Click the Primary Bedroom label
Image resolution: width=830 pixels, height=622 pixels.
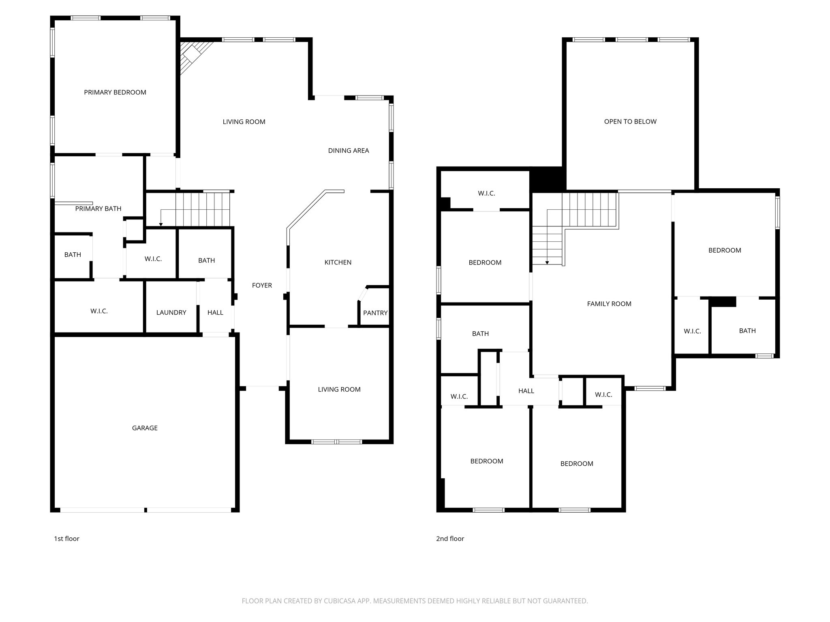click(115, 92)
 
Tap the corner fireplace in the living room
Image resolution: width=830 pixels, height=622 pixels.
click(193, 55)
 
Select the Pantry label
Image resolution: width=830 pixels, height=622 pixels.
click(375, 313)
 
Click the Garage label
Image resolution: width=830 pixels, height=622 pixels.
click(145, 428)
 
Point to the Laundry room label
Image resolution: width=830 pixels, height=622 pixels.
click(171, 312)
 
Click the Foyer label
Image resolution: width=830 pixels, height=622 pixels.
click(262, 285)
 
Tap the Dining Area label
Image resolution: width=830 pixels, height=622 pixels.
click(349, 151)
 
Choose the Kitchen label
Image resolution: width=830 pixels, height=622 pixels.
click(338, 262)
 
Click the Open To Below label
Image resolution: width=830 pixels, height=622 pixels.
click(630, 121)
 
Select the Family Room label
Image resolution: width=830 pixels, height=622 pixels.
click(609, 304)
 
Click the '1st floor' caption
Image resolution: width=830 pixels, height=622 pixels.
click(67, 539)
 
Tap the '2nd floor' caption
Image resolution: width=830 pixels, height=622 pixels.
click(450, 539)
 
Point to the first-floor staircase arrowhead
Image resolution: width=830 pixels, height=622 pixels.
click(161, 224)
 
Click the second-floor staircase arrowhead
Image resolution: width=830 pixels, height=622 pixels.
click(547, 263)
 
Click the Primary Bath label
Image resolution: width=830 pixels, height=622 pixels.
click(98, 209)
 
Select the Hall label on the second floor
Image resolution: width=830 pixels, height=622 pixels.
click(526, 391)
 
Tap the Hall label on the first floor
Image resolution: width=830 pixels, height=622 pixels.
click(215, 312)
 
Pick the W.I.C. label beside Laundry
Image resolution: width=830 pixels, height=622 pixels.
click(99, 311)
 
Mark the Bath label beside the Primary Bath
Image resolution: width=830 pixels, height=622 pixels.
click(73, 255)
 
